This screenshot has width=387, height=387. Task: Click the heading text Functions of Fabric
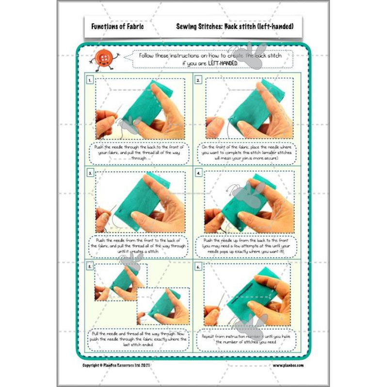[114, 26]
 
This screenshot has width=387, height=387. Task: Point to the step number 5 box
[90, 266]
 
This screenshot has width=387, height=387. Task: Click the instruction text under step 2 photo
[247, 151]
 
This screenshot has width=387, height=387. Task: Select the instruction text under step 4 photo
[247, 245]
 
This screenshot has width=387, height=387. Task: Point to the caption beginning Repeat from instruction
[247, 339]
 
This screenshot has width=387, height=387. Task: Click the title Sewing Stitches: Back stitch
[235, 26]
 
